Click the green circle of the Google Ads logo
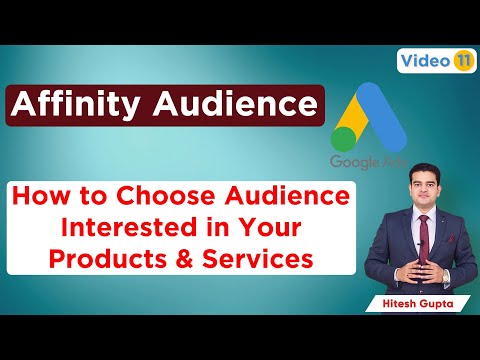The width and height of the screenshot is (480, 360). pos(344,140)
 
